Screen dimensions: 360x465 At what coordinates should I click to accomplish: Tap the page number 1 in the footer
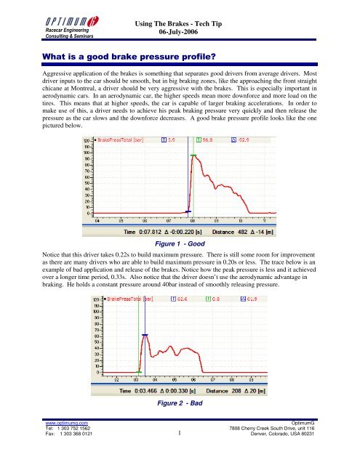pos(178,455)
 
